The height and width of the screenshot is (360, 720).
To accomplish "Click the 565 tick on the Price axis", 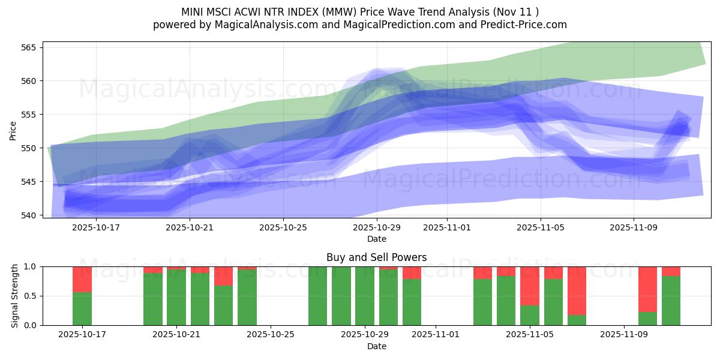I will tap(31, 47).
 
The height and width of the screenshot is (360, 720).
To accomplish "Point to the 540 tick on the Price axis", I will tap(31, 215).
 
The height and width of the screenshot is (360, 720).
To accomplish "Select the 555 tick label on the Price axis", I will tap(31, 115).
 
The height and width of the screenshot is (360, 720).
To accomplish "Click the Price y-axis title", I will tap(13, 130).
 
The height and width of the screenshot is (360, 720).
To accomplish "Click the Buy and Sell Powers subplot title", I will tap(376, 257).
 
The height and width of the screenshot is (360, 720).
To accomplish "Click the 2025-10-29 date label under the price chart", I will tap(376, 227).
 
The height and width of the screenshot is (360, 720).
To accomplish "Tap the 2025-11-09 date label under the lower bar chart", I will tap(624, 335).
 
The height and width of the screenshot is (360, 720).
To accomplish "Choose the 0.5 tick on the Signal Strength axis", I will tap(31, 296).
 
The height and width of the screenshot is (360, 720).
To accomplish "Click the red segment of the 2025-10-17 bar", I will tap(82, 279).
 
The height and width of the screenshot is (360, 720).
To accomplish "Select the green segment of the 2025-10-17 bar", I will tap(82, 308).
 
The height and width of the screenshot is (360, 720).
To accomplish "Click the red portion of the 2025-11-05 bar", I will tap(530, 286).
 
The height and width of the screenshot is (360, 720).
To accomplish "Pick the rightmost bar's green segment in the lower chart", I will tap(671, 300).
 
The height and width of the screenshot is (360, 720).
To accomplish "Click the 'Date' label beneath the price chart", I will tap(376, 239).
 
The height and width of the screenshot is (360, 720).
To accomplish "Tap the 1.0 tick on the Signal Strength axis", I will tap(31, 266).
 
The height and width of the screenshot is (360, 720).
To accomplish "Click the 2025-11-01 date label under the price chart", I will tap(446, 227).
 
